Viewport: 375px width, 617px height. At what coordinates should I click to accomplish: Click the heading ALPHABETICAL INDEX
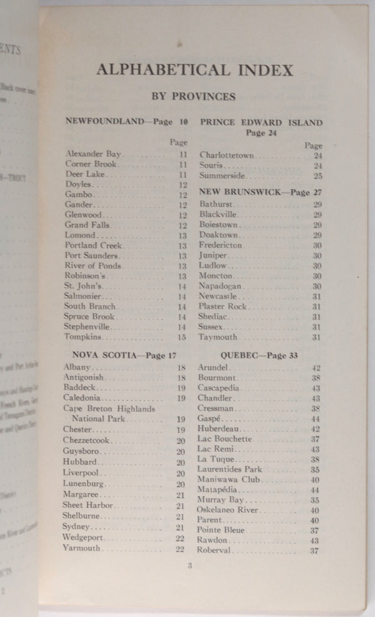pos(194,69)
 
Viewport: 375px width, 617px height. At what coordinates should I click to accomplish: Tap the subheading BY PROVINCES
pos(194,97)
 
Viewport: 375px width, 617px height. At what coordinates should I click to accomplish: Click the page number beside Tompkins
pos(182,337)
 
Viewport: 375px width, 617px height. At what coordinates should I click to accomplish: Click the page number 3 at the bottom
pos(189,566)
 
